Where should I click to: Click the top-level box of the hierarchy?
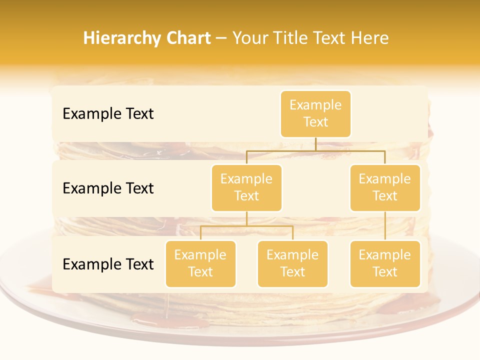[x=315, y=114]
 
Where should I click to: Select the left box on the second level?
[x=246, y=187]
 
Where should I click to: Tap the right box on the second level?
[x=385, y=187]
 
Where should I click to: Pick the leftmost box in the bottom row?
[x=200, y=263]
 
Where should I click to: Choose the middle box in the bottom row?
[x=292, y=263]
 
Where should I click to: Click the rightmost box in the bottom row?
[x=385, y=263]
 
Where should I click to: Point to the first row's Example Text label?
[x=108, y=114]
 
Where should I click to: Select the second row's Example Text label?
[x=108, y=188]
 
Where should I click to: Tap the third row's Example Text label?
[x=108, y=264]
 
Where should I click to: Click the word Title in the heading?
[x=289, y=38]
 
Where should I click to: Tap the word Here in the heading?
[x=370, y=38]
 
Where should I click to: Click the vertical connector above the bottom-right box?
[x=385, y=226]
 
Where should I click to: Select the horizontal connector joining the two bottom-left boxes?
[x=246, y=226]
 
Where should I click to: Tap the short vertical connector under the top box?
[x=315, y=144]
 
